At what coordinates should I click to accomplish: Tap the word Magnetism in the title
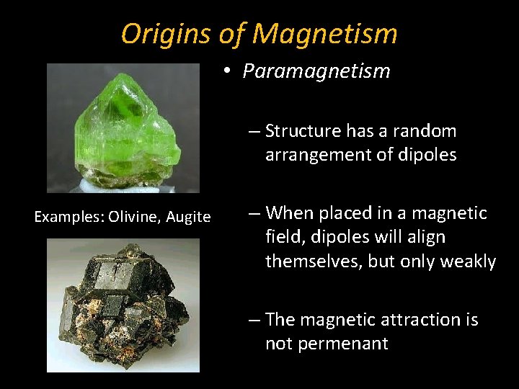(x=325, y=33)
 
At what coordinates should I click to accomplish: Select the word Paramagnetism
(x=316, y=71)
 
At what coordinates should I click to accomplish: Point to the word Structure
(x=303, y=131)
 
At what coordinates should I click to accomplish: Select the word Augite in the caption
(x=189, y=217)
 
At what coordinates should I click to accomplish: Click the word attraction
(x=399, y=319)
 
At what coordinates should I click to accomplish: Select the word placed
(x=347, y=213)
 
